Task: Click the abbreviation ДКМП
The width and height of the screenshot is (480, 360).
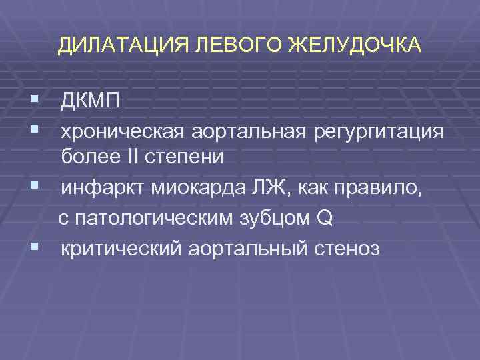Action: coord(92,101)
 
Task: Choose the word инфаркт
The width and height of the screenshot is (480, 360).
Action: coord(103,189)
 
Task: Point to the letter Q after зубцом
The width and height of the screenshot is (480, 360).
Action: coord(323,217)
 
